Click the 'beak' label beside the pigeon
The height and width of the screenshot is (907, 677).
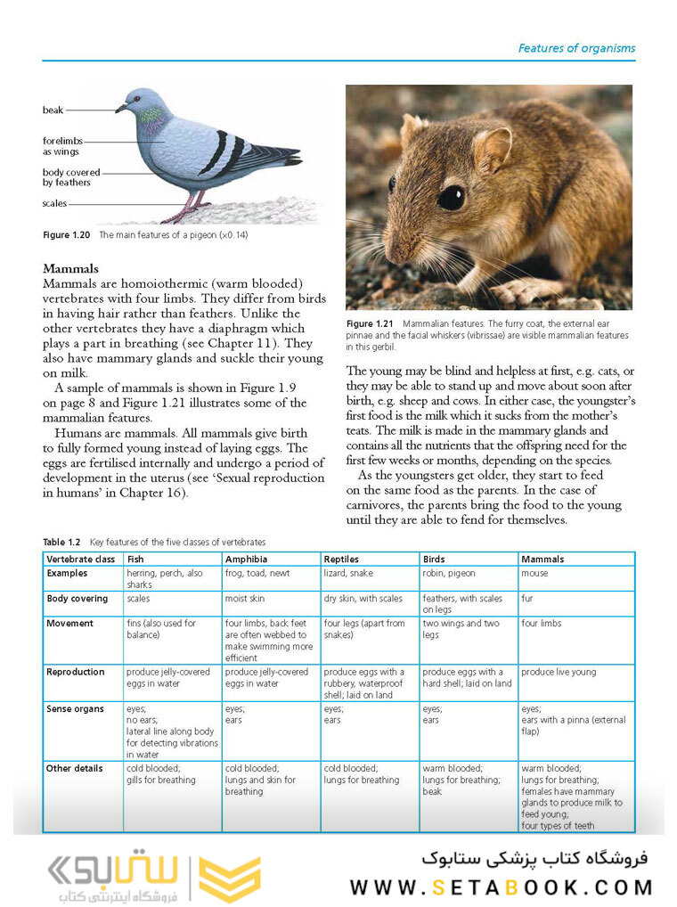(x=53, y=110)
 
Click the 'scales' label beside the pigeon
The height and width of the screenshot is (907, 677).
(x=54, y=203)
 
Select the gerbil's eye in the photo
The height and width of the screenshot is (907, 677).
(x=451, y=196)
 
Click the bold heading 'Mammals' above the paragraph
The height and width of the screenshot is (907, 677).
(x=70, y=268)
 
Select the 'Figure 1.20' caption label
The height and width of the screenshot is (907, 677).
(x=68, y=235)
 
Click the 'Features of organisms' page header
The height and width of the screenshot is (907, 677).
(x=576, y=48)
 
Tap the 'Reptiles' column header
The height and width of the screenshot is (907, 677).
(x=342, y=560)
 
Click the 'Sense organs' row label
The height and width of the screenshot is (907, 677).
(x=75, y=709)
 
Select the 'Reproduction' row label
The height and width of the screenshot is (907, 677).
(x=76, y=672)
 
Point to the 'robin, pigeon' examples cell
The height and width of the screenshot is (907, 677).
(x=449, y=574)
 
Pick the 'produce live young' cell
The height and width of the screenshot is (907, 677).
(x=559, y=672)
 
